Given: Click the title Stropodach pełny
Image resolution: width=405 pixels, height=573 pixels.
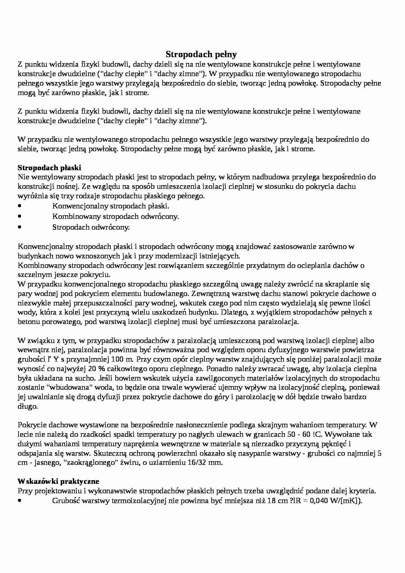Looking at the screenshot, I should tap(201, 54).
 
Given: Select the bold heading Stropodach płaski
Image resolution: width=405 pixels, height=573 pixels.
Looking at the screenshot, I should tap(49, 168).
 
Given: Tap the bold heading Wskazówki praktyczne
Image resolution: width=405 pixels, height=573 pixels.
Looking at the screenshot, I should tap(58, 481).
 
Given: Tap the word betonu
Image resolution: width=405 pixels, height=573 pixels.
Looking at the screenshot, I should tap(28, 322).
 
